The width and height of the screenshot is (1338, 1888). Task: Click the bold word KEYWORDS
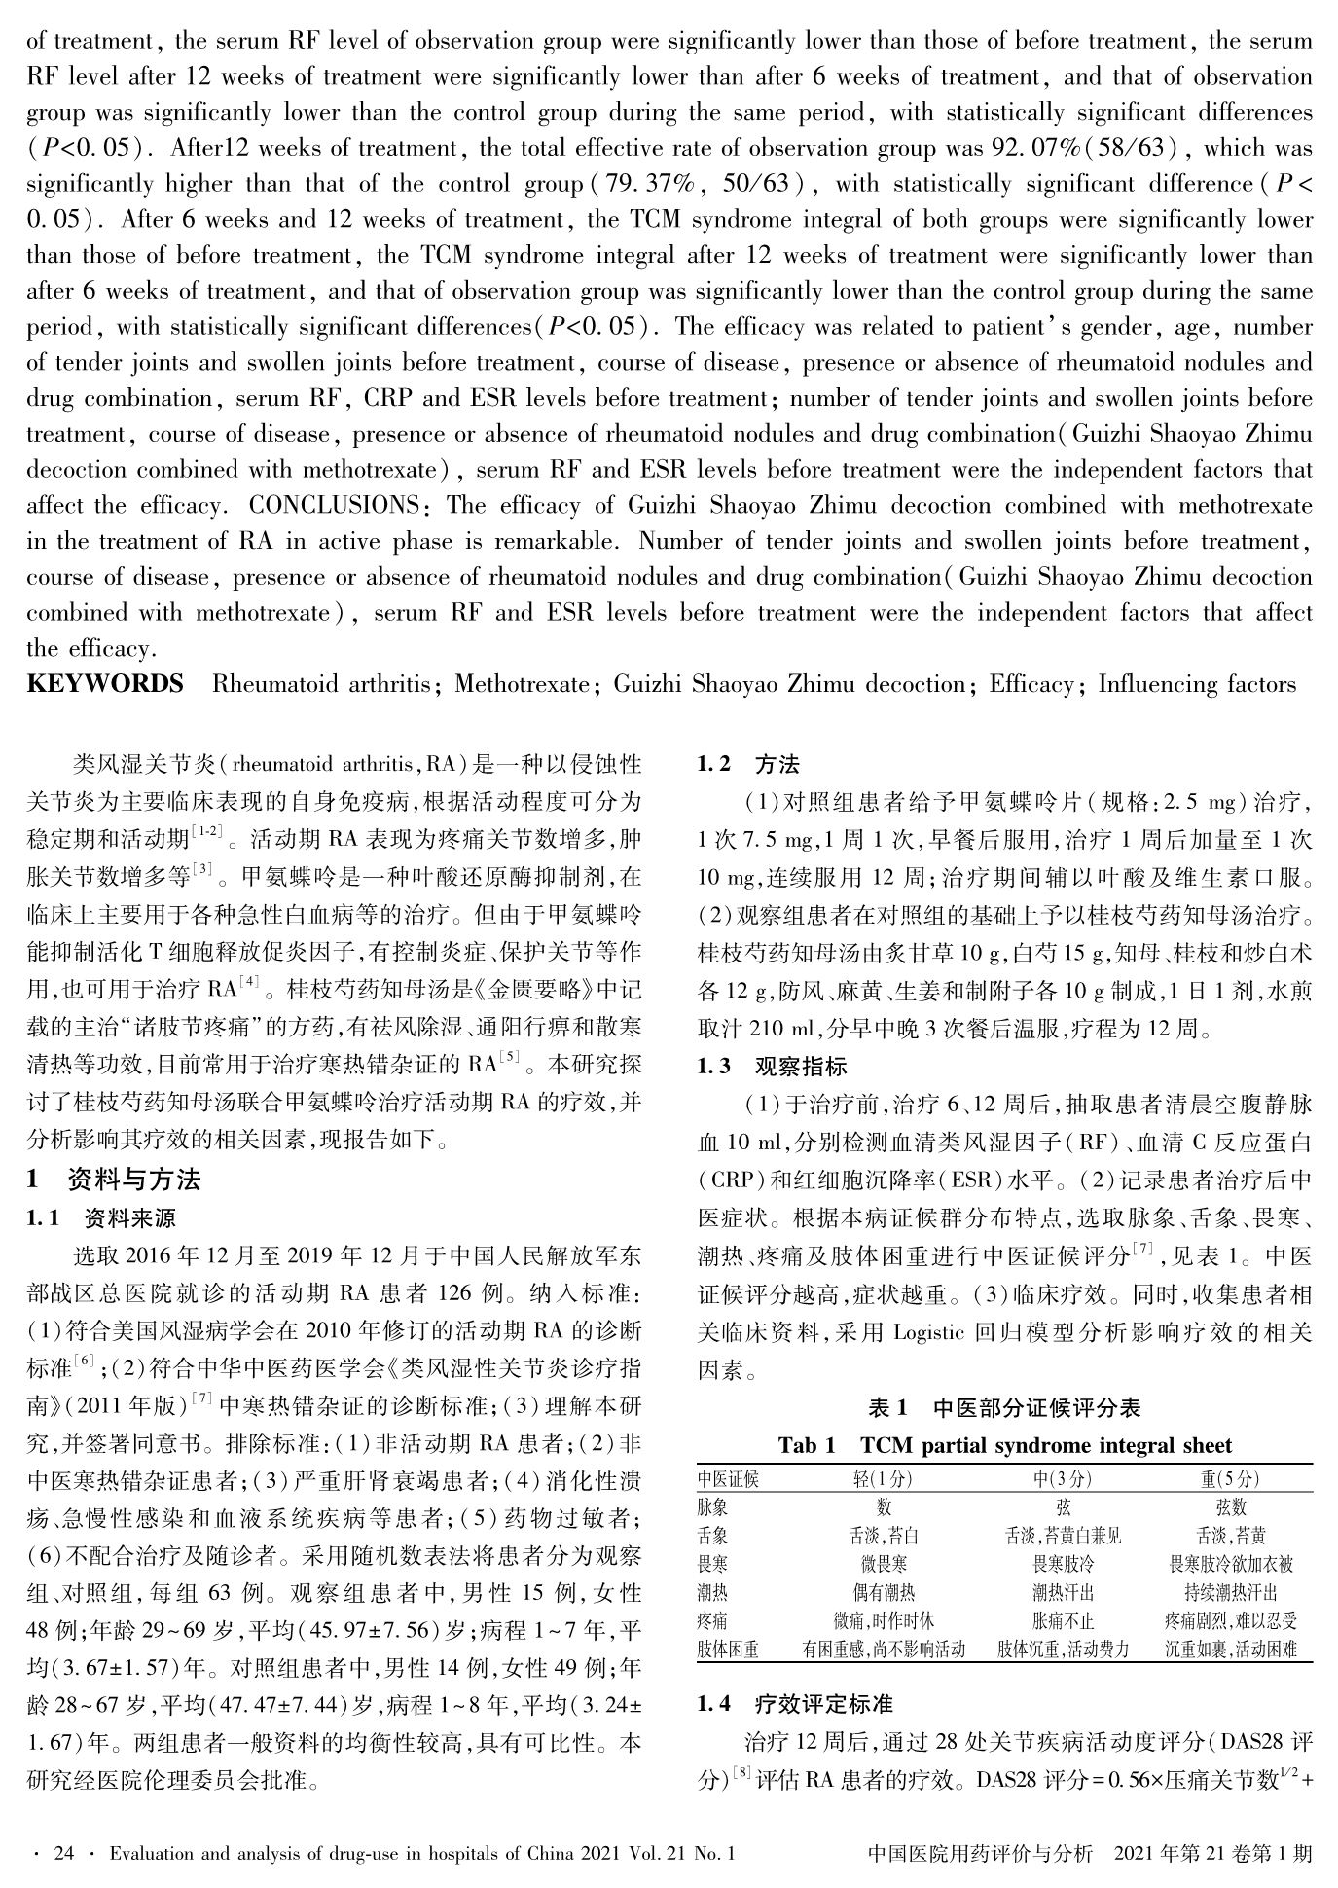(105, 684)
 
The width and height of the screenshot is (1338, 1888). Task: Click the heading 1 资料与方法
(114, 1180)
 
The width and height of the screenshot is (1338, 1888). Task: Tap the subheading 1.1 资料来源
(101, 1217)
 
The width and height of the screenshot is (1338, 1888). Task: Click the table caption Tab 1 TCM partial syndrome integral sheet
(1004, 1445)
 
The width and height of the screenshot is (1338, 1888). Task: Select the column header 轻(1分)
(883, 1479)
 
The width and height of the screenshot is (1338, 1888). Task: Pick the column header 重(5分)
(1230, 1479)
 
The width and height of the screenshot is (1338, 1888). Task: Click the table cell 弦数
(1230, 1507)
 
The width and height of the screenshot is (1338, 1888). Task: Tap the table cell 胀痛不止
(1063, 1620)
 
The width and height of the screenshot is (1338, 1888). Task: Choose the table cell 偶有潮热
(883, 1592)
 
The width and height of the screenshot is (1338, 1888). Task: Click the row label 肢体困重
(728, 1649)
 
